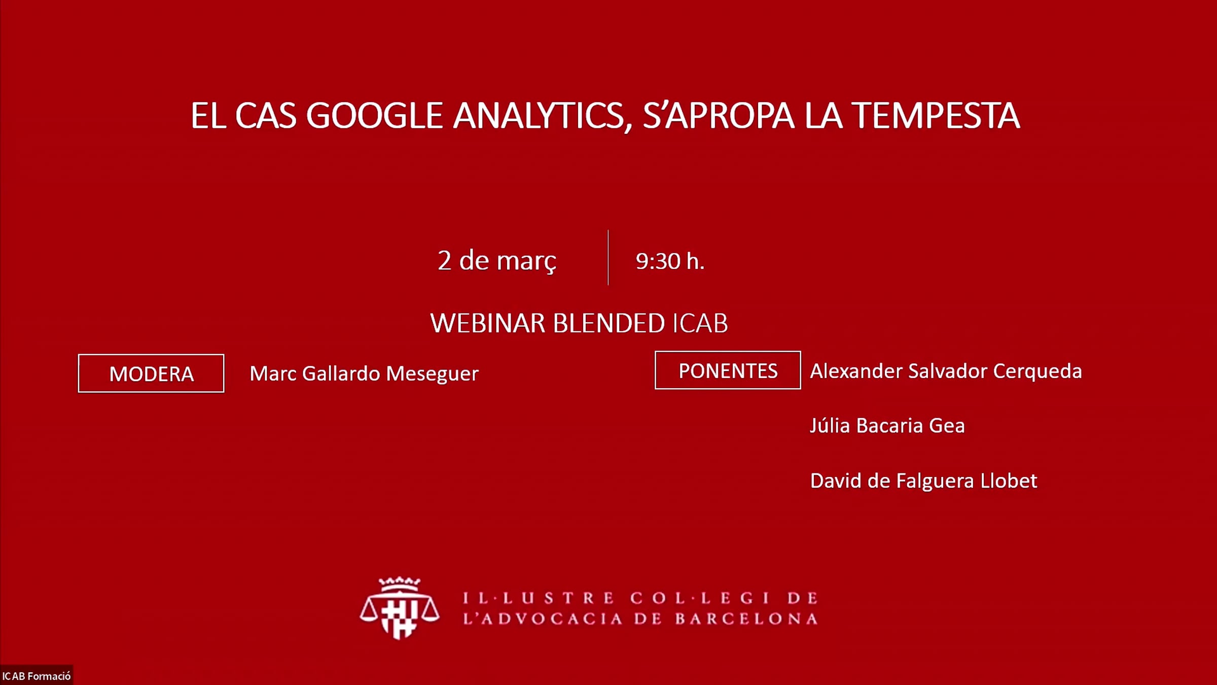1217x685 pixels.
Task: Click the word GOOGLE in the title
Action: click(374, 116)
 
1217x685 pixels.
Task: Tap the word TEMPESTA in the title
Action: click(935, 116)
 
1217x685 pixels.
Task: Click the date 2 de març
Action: click(497, 261)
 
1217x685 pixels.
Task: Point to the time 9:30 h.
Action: click(670, 261)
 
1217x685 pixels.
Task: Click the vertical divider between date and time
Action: click(608, 257)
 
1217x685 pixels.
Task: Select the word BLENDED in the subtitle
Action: click(608, 323)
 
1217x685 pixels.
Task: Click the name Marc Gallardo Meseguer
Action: click(364, 374)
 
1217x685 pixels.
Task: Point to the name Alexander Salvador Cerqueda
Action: click(946, 371)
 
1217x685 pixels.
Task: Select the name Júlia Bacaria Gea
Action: click(887, 426)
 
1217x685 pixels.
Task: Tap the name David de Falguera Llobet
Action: click(923, 481)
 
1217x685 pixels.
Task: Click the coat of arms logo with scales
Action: click(400, 608)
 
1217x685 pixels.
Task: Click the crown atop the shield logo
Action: click(400, 584)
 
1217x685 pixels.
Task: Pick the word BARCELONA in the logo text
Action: click(746, 619)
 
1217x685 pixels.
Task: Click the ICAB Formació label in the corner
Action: click(37, 676)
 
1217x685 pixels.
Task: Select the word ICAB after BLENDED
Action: click(700, 323)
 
